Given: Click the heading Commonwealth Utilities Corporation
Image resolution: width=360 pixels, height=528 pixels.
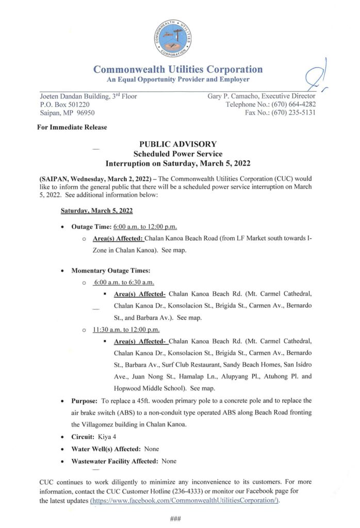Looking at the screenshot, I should (x=178, y=70).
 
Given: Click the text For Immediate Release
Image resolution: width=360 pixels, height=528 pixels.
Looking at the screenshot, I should (x=72, y=127).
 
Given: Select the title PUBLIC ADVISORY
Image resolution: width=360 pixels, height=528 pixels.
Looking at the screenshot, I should (x=178, y=144).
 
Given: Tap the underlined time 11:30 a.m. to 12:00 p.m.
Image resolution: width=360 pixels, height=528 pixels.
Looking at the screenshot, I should (x=126, y=329).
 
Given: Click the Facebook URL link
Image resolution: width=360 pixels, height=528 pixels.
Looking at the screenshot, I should (x=184, y=501).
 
